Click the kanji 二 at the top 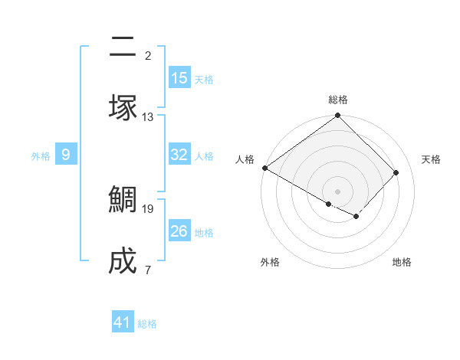click(123, 47)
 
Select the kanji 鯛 click(123, 200)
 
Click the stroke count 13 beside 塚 click(148, 117)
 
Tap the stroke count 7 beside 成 click(148, 270)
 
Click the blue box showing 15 click(179, 78)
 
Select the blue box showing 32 click(179, 155)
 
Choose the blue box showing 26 click(179, 231)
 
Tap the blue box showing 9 click(66, 155)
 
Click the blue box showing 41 click(123, 322)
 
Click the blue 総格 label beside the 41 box click(147, 324)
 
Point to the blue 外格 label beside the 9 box click(41, 156)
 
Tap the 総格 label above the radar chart click(338, 100)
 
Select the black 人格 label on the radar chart click(245, 159)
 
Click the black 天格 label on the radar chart click(431, 159)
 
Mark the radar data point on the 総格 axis click(338, 116)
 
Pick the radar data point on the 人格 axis click(264, 168)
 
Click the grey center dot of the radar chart click(338, 191)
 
